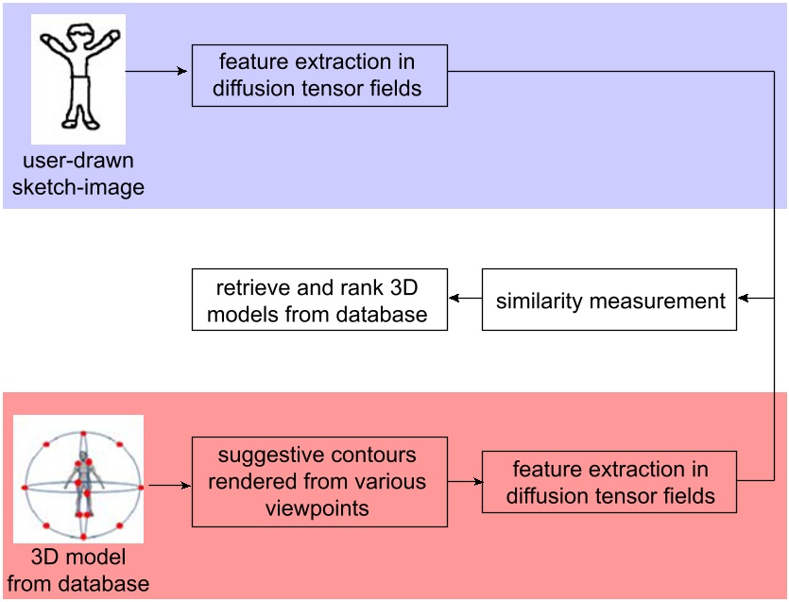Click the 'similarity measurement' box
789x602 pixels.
click(609, 301)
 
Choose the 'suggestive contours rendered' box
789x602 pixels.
click(319, 481)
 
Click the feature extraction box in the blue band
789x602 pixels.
click(319, 76)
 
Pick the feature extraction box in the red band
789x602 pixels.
click(609, 482)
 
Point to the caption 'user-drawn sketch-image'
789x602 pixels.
click(77, 175)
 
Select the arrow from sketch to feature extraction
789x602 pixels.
click(157, 71)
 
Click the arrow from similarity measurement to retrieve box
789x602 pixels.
click(465, 298)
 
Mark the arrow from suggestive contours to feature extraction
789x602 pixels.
click(464, 482)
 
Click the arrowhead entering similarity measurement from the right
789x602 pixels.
click(743, 298)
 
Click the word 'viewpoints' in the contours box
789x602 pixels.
click(319, 508)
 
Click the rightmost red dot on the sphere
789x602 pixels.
click(140, 487)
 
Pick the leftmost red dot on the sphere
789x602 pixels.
click(24, 487)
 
